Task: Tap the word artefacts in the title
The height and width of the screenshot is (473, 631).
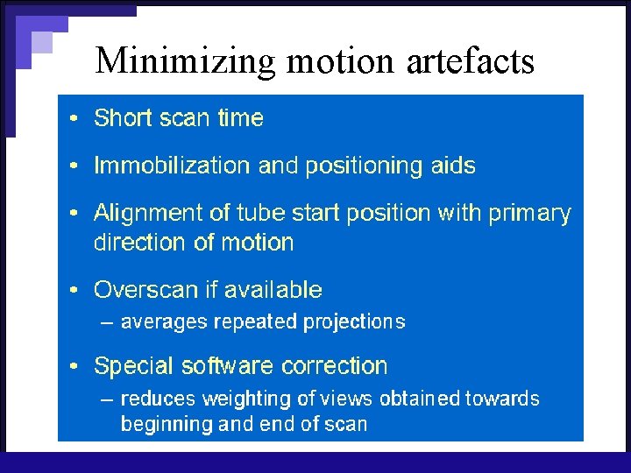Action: pos(471,60)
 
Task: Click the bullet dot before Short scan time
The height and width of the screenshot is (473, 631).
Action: pos(76,118)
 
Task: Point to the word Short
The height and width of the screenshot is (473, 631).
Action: pos(122,118)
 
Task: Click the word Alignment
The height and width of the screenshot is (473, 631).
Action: pos(145,214)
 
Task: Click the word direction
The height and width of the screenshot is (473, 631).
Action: pos(137,242)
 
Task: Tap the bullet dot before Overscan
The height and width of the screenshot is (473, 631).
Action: pos(76,290)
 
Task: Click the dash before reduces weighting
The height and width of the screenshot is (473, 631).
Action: pos(107,399)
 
